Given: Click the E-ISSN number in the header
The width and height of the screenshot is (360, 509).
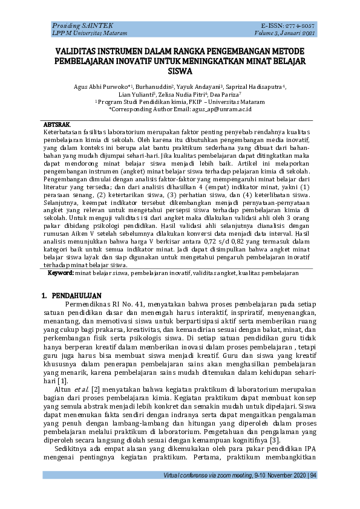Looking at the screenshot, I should [x=298, y=27].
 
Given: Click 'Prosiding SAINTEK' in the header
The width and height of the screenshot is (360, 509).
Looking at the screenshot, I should [x=73, y=27].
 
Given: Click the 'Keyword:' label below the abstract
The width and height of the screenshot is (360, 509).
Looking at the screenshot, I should [x=61, y=273].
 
